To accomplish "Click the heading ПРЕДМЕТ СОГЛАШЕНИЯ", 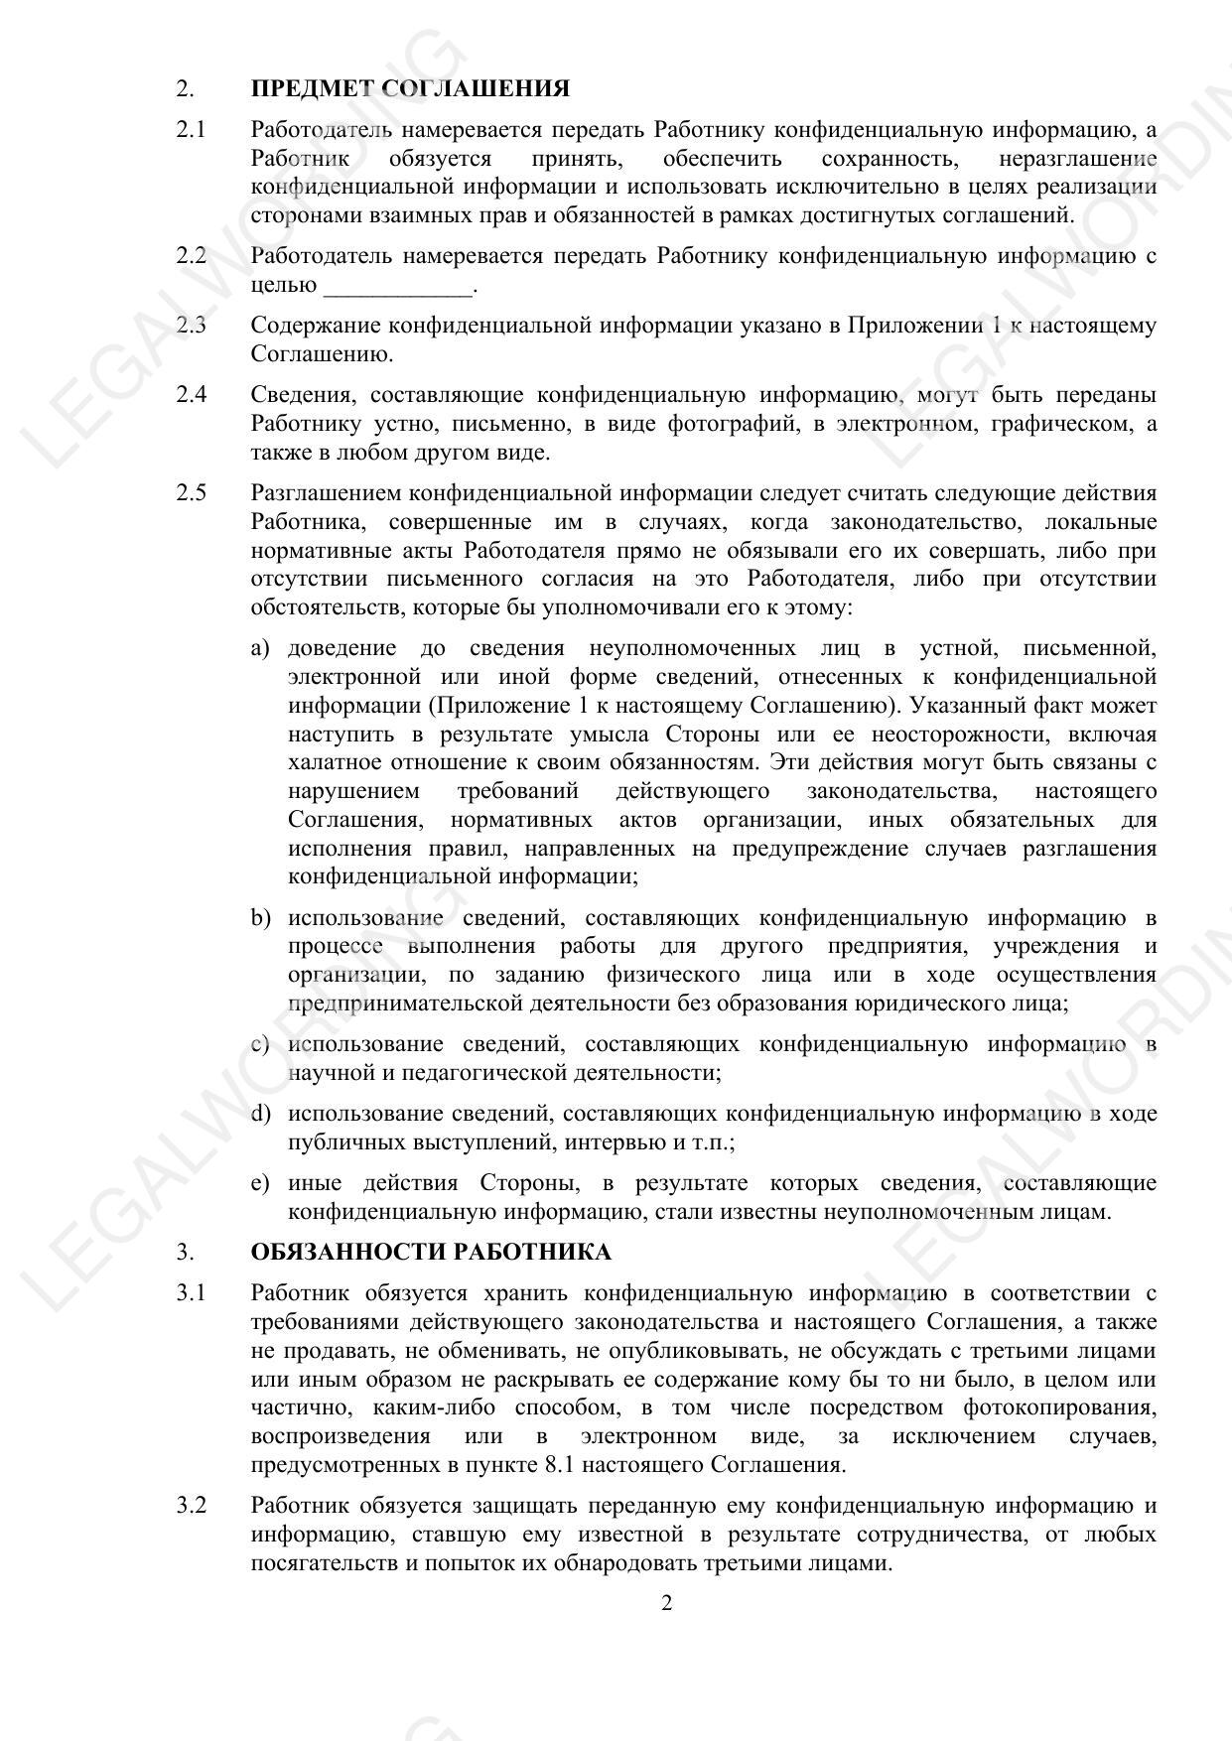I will (x=410, y=89).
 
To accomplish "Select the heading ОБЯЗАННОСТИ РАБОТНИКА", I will (x=431, y=1252).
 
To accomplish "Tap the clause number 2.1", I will (x=191, y=130).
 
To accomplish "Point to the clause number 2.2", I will (x=191, y=256).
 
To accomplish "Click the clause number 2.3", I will (x=191, y=326).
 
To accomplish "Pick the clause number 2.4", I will (x=191, y=395).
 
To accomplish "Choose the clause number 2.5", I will (x=191, y=493).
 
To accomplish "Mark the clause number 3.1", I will (x=191, y=1293).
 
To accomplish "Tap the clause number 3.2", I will (x=191, y=1506).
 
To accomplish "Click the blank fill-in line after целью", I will (x=398, y=288).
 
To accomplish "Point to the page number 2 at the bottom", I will (x=667, y=1603).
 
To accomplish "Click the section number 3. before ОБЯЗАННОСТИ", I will (x=185, y=1253).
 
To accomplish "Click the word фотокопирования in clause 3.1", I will (x=1059, y=1408).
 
